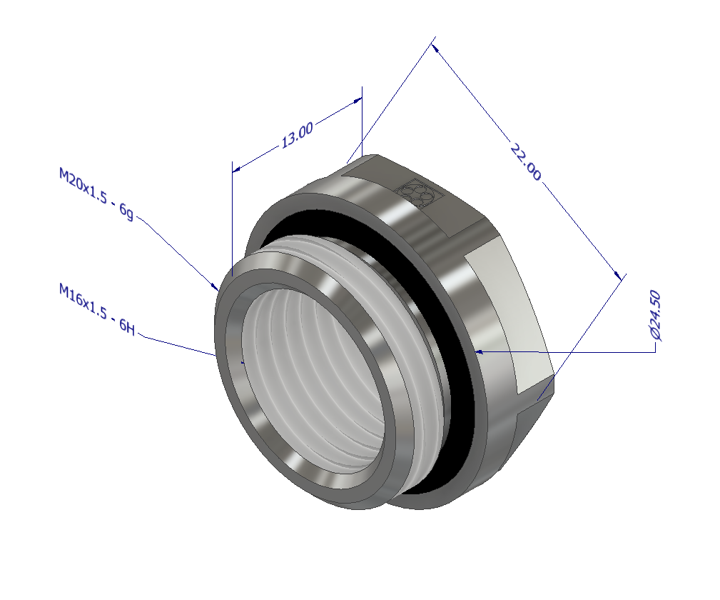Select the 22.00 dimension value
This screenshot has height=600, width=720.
525,161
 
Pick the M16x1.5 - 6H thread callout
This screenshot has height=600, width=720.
96,309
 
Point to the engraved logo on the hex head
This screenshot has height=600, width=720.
416,194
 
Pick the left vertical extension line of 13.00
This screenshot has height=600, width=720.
233,214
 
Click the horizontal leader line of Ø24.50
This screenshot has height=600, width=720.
571,352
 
